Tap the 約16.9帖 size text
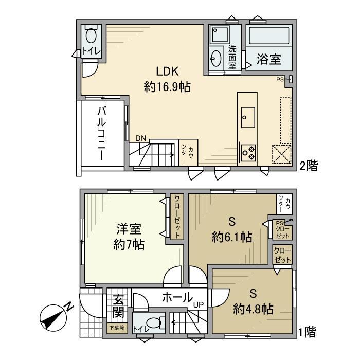click(x=167, y=87)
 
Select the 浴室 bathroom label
click(x=269, y=59)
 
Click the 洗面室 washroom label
click(x=232, y=58)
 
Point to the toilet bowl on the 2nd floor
click(x=91, y=35)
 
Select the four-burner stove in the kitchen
click(x=248, y=151)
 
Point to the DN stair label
click(x=140, y=138)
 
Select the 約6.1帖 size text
click(x=231, y=237)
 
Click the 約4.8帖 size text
click(x=253, y=309)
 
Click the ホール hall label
click(x=177, y=297)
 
